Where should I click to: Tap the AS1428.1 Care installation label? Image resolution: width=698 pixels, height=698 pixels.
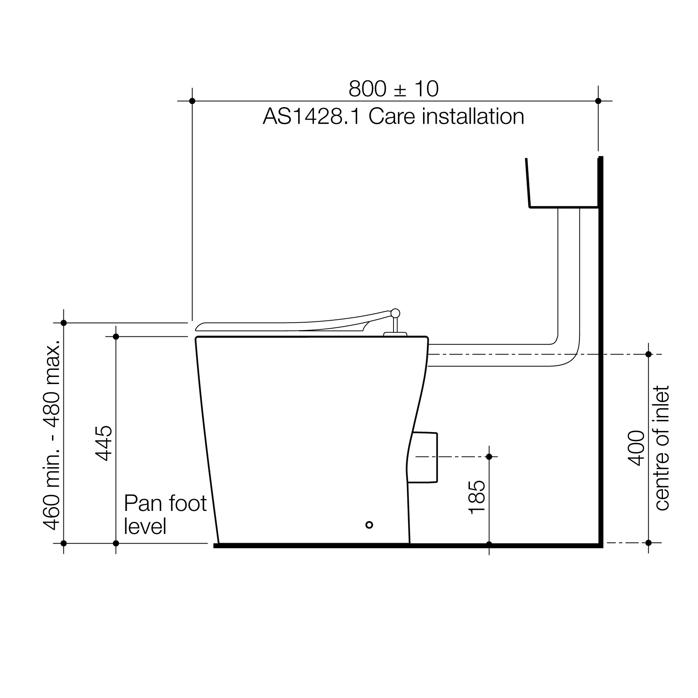pos(394,117)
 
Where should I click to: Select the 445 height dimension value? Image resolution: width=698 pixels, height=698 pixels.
pos(104,443)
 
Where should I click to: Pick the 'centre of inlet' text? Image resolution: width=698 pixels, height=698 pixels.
pos(662,448)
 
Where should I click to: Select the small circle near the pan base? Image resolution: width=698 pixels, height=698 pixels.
pos(369,525)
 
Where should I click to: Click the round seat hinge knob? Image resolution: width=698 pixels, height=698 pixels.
pos(395,313)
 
